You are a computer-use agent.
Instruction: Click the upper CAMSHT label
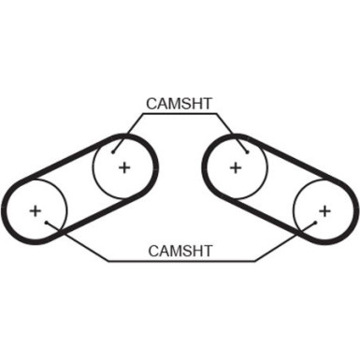pos(180,104)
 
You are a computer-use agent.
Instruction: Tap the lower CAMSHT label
pos(180,251)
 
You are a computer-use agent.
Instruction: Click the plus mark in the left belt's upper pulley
pos(124,168)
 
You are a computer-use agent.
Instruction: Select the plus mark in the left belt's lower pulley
pos(36,211)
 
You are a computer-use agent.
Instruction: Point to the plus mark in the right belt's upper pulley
pos(236,168)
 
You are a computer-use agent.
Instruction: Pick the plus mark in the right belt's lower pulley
pos(324,211)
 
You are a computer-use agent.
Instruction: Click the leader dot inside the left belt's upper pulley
pos(113,152)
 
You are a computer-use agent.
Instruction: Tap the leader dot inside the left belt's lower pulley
pos(46,223)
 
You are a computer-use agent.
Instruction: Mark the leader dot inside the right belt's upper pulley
pos(247,152)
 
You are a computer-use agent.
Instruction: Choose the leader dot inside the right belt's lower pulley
pos(315,223)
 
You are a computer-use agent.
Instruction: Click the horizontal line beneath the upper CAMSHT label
pos(180,114)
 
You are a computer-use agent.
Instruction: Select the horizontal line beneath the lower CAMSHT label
pos(181,261)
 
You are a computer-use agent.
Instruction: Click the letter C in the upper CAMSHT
pos(152,104)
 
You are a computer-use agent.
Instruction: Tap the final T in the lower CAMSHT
pos(208,251)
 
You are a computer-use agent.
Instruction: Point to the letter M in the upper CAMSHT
pos(175,104)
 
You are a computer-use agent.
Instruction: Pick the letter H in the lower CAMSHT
pos(196,251)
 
